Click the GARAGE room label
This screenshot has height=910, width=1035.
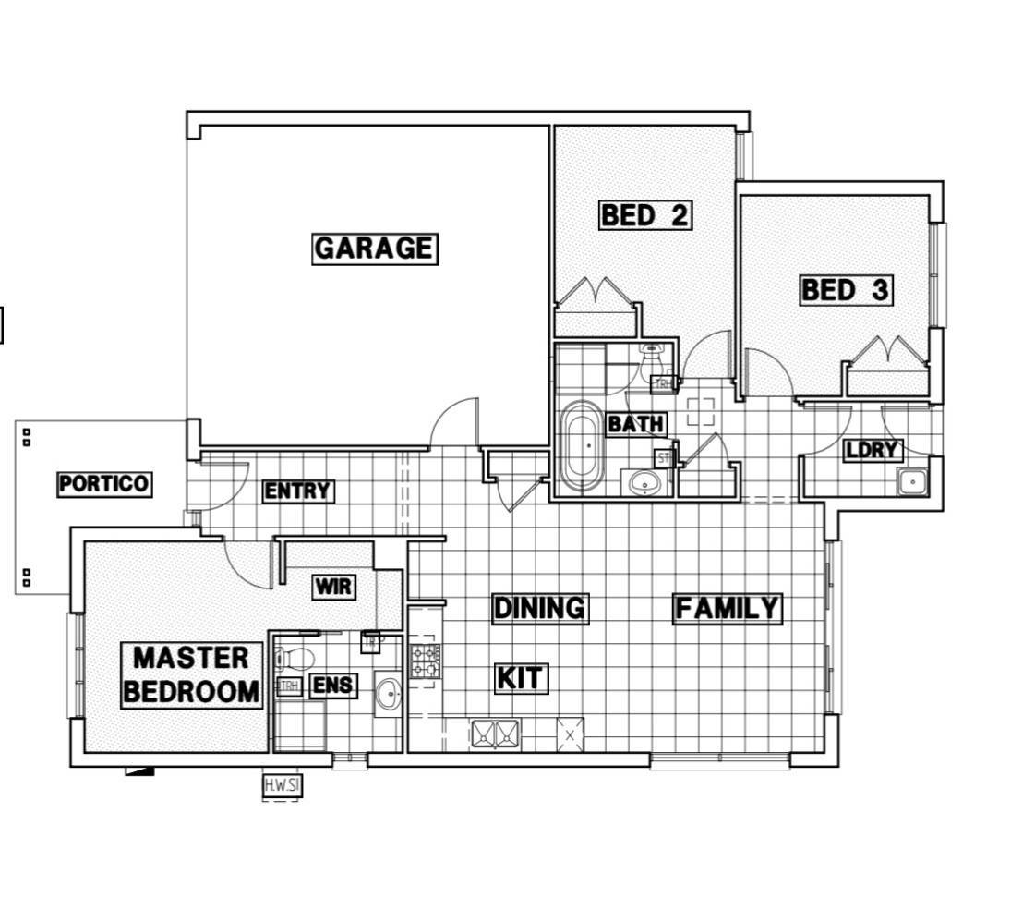(374, 249)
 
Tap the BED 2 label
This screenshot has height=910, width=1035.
(644, 215)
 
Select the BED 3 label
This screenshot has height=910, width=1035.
(845, 290)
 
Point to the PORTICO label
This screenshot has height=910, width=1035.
(103, 484)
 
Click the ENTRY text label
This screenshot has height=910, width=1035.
(296, 491)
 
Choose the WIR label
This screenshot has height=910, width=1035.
(333, 588)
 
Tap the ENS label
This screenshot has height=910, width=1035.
(332, 686)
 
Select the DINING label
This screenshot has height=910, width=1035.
(539, 608)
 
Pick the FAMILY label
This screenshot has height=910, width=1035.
(728, 609)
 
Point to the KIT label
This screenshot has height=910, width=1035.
(522, 678)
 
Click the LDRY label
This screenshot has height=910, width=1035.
(872, 450)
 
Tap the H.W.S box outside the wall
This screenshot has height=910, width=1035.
(282, 786)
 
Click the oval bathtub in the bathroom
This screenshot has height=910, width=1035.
(582, 447)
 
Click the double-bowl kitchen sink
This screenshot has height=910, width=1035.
(496, 734)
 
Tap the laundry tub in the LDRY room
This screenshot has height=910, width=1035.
(913, 481)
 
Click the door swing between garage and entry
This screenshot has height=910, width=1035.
(455, 421)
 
